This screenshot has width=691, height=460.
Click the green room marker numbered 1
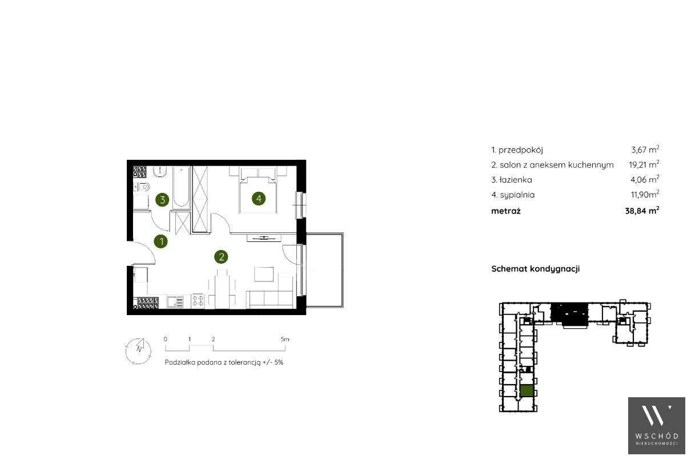(x=161, y=241)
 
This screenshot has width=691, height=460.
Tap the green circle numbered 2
(x=221, y=257)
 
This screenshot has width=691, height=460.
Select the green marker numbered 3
(x=162, y=200)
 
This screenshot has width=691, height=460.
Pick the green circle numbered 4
(x=259, y=199)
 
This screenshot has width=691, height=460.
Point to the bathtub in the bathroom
(x=181, y=188)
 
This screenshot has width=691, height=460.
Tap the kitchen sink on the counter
(x=175, y=302)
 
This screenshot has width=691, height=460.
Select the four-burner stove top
(x=198, y=301)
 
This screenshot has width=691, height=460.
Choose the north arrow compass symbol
(x=139, y=351)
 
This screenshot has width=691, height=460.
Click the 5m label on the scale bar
(x=285, y=339)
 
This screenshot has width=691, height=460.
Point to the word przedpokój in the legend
(x=521, y=151)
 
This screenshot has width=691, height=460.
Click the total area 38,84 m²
(x=642, y=211)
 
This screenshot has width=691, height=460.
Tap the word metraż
(x=506, y=211)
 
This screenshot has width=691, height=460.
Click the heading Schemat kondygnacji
(x=536, y=269)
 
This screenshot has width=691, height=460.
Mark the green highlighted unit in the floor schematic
(x=527, y=391)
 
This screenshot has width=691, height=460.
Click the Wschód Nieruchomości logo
(x=657, y=426)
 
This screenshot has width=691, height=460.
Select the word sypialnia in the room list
(x=517, y=195)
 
